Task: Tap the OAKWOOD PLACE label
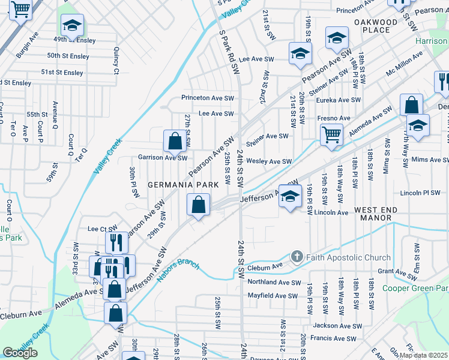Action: (x=376, y=26)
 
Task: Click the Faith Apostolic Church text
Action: (x=348, y=257)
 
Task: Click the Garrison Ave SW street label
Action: (x=162, y=157)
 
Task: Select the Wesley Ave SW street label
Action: (x=269, y=161)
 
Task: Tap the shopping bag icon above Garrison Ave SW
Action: (x=174, y=142)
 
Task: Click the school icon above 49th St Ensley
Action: (x=72, y=25)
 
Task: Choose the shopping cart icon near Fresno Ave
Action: (x=331, y=136)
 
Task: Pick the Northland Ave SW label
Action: (x=274, y=282)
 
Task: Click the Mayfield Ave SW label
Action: (x=273, y=296)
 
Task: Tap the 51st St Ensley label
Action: (x=62, y=73)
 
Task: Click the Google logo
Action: (x=20, y=352)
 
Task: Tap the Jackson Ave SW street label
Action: (x=337, y=326)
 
